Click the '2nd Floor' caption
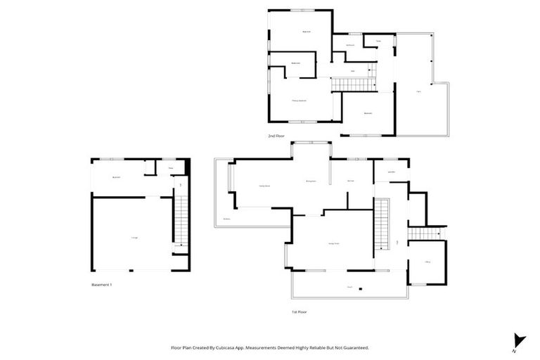276,136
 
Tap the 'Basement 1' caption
102,285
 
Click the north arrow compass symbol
519,341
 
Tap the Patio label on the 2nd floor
418,91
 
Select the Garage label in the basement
134,238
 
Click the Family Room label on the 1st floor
264,186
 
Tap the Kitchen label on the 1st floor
349,181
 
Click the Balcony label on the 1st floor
227,219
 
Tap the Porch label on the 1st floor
349,287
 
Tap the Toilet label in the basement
170,168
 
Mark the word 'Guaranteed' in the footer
353,347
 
